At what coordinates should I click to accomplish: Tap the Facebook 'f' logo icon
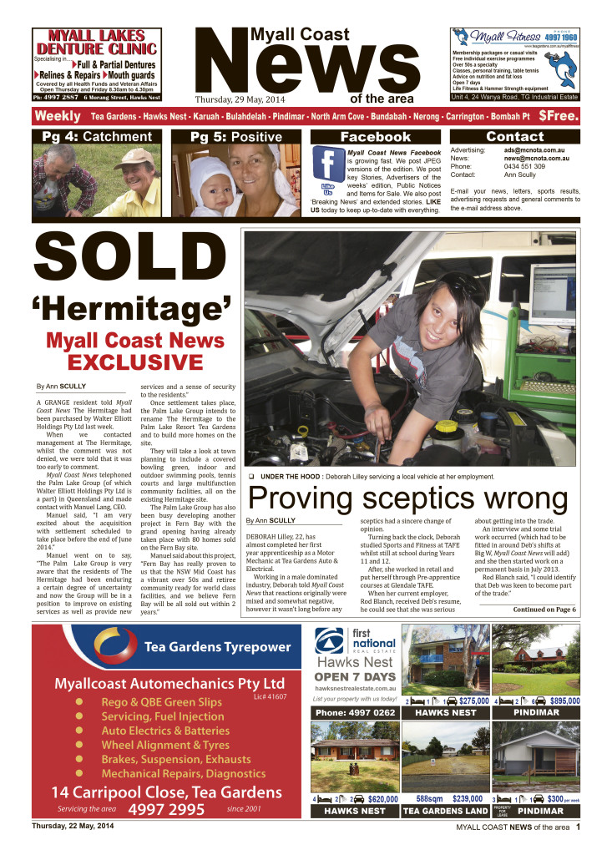pos(329,161)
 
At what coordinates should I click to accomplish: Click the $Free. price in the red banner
pos(559,117)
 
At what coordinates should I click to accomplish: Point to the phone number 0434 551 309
pos(525,166)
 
